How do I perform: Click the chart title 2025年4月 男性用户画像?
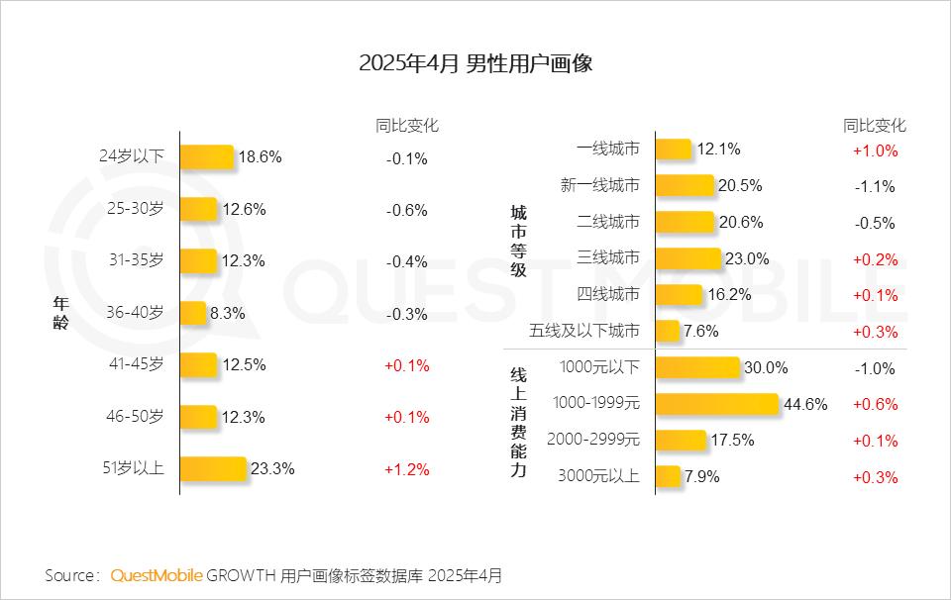click(x=475, y=64)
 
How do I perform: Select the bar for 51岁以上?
click(x=213, y=469)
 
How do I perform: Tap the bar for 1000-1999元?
click(x=717, y=404)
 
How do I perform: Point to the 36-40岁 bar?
click(x=193, y=314)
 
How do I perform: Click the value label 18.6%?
click(x=261, y=156)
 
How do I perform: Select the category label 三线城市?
click(x=608, y=258)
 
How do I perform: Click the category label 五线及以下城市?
click(x=598, y=331)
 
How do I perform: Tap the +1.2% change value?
click(x=407, y=469)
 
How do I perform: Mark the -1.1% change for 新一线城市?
click(x=875, y=186)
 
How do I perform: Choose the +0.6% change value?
click(x=875, y=404)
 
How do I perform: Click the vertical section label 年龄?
click(x=60, y=314)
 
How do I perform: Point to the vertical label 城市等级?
click(x=518, y=241)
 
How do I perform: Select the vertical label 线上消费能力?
click(x=518, y=422)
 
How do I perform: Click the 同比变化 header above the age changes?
click(x=407, y=126)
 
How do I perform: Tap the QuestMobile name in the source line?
click(x=157, y=575)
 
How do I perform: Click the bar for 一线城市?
click(x=674, y=150)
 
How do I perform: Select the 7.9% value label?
click(x=701, y=476)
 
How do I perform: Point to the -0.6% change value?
click(x=407, y=210)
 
